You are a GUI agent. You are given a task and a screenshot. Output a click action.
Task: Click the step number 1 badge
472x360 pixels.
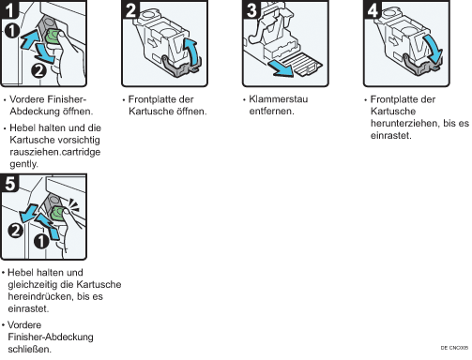click(9, 9)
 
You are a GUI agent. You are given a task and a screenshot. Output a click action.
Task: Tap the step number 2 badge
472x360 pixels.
click(130, 9)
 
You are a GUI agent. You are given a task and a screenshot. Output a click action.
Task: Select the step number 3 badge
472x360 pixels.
click(251, 9)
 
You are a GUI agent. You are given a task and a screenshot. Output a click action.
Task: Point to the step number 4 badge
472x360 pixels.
click(373, 9)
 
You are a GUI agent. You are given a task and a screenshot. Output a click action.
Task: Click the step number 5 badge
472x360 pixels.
click(9, 183)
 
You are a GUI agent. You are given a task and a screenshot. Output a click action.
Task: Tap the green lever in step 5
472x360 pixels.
click(58, 213)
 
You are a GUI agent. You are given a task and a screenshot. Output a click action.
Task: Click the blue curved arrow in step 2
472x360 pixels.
click(192, 50)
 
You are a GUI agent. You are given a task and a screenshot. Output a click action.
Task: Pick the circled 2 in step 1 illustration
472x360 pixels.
click(38, 71)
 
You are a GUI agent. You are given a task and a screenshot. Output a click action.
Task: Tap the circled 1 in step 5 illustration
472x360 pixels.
click(41, 241)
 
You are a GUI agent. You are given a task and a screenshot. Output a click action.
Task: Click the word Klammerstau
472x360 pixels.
click(279, 99)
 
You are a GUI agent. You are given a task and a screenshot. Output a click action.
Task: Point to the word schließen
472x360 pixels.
click(29, 350)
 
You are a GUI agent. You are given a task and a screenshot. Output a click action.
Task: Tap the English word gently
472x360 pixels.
click(23, 164)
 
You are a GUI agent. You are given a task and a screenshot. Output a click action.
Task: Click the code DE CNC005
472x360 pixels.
click(454, 348)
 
